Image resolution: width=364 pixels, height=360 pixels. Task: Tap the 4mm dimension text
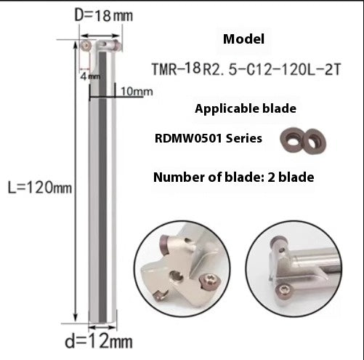85,75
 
